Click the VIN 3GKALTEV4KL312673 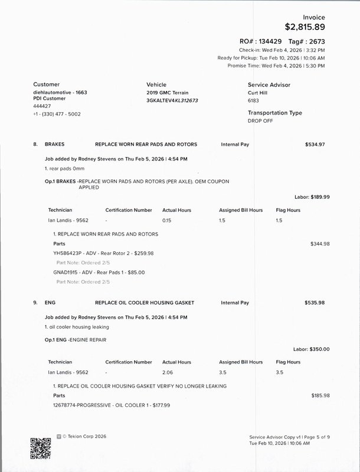pyautogui.click(x=172, y=101)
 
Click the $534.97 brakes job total pyautogui.click(x=315, y=144)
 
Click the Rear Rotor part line pyautogui.click(x=103, y=253)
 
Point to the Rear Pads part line pyautogui.click(x=99, y=273)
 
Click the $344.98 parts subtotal pyautogui.click(x=320, y=244)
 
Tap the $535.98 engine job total pyautogui.click(x=315, y=303)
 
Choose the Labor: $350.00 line pyautogui.click(x=311, y=349)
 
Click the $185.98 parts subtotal pyautogui.click(x=320, y=395)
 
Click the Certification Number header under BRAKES pyautogui.click(x=129, y=209)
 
